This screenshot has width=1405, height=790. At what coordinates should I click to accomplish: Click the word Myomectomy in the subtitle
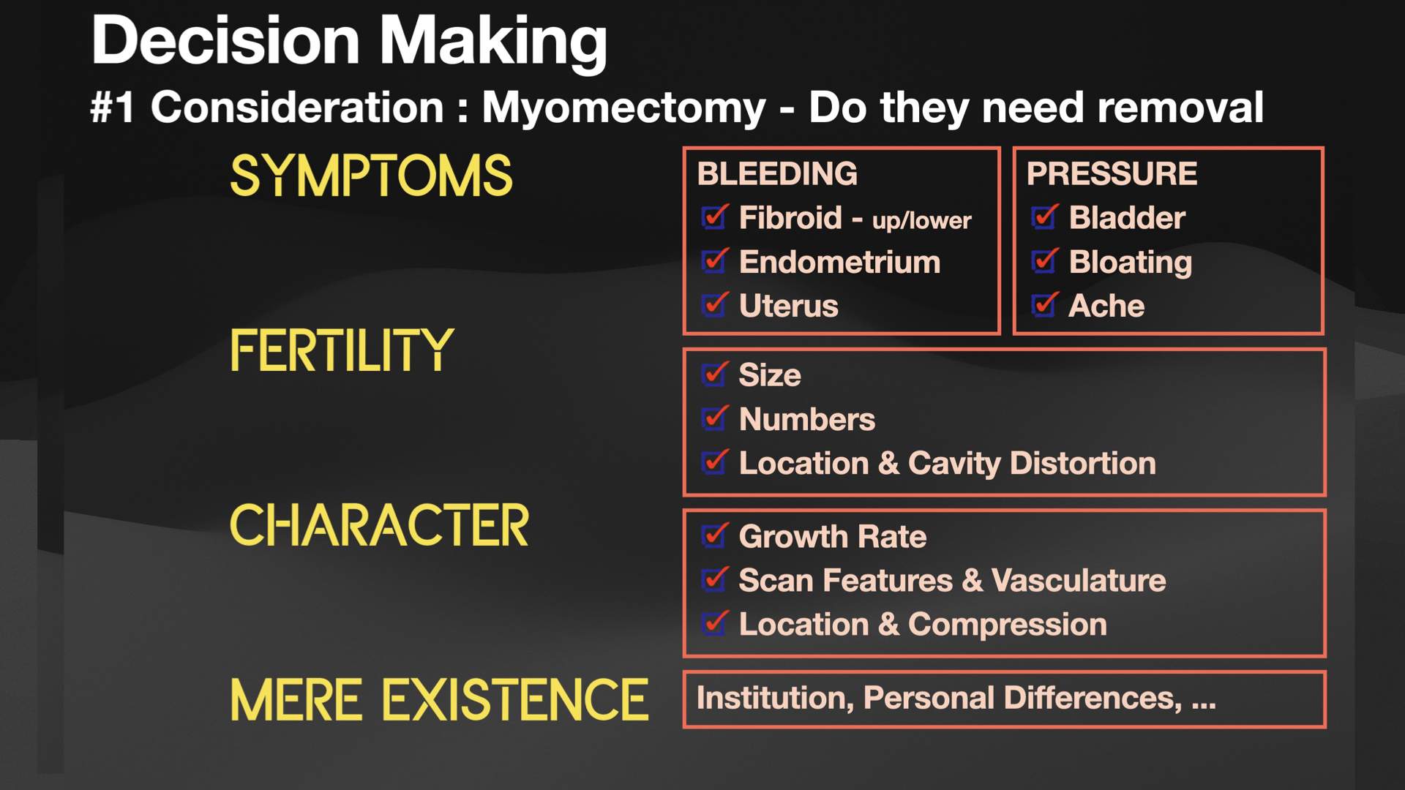pyautogui.click(x=623, y=108)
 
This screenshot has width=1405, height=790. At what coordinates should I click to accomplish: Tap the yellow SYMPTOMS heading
pyautogui.click(x=371, y=176)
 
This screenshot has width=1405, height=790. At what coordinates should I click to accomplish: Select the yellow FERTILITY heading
pyautogui.click(x=342, y=350)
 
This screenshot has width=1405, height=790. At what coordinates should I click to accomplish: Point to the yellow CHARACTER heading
pyautogui.click(x=379, y=525)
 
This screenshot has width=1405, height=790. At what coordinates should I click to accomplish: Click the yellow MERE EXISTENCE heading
pyautogui.click(x=439, y=700)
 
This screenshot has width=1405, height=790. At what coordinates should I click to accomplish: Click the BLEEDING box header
pyautogui.click(x=777, y=174)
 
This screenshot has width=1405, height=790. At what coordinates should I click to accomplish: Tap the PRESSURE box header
pyautogui.click(x=1112, y=174)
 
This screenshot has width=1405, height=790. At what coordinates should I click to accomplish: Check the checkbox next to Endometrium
pyautogui.click(x=713, y=262)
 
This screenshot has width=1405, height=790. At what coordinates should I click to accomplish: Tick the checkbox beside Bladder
pyautogui.click(x=1044, y=217)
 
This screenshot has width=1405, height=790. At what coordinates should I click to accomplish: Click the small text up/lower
pyautogui.click(x=921, y=220)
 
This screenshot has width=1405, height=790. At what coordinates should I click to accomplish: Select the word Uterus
pyautogui.click(x=788, y=306)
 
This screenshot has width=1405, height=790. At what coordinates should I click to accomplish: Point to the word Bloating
pyautogui.click(x=1130, y=262)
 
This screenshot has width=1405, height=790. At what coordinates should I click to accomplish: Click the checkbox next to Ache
pyautogui.click(x=1044, y=306)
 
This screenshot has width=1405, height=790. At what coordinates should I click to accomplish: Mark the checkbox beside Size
pyautogui.click(x=713, y=375)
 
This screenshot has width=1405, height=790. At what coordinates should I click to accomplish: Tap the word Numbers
pyautogui.click(x=806, y=419)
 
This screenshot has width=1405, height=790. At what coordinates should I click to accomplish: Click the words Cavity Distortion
pyautogui.click(x=1031, y=463)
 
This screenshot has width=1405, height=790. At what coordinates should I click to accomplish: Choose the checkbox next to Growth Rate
pyautogui.click(x=713, y=536)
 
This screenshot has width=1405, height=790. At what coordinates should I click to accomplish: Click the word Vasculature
pyautogui.click(x=1078, y=580)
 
